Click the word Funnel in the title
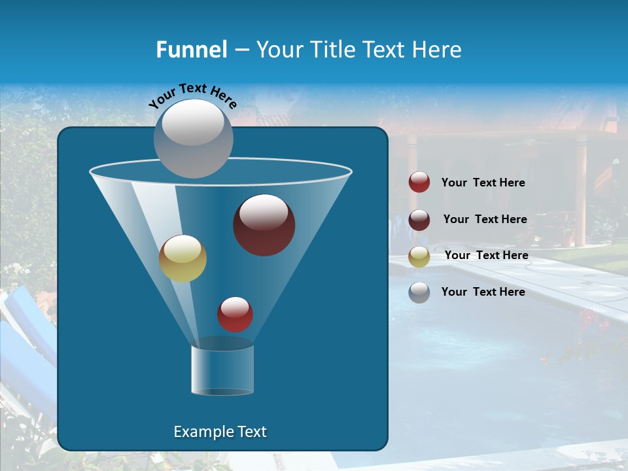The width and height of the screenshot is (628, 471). tap(191, 50)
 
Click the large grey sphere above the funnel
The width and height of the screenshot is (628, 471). tap(193, 138)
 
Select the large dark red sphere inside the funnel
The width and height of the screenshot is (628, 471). tap(264, 225)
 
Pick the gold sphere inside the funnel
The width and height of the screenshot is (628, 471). tap(183, 258)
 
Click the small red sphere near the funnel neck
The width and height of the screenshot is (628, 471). tap(235, 315)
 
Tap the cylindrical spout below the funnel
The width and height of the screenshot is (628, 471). tap(222, 370)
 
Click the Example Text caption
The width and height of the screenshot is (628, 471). tap(220, 432)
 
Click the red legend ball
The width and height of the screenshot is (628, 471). tap(419, 183)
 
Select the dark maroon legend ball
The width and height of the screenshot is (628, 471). tap(419, 220)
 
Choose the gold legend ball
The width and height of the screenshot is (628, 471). tap(419, 256)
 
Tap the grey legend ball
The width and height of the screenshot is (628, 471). tap(419, 292)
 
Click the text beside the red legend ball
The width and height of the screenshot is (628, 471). tap(483, 183)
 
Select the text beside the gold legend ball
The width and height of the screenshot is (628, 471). tap(486, 256)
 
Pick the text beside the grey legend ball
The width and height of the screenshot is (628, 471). tap(483, 292)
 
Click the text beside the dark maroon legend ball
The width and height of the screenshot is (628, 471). tap(485, 220)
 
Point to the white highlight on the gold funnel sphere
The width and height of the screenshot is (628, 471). tap(182, 249)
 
